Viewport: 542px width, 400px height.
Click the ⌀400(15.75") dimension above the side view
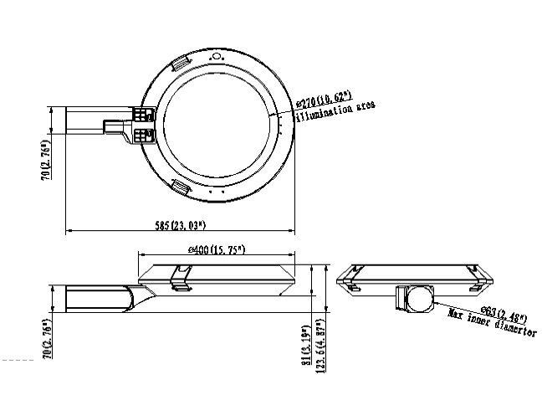(216, 249)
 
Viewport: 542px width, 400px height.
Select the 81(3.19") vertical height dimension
(308, 341)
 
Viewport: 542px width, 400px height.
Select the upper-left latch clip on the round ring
(182, 65)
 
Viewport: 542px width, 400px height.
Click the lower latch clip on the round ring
(181, 185)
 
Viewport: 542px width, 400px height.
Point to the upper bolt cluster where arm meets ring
(142, 115)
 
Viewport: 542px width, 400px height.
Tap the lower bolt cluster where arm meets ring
(142, 133)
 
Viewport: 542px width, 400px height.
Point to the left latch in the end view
(352, 285)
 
